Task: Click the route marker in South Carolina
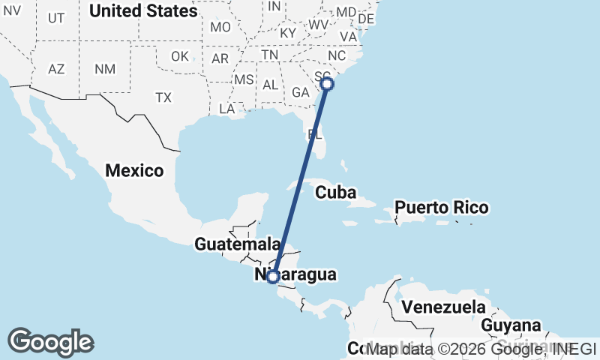click(x=327, y=84)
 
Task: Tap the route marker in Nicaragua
click(x=274, y=277)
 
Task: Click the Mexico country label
click(x=134, y=171)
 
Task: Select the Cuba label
click(x=334, y=193)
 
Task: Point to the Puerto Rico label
click(x=442, y=207)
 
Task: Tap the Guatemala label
click(x=237, y=244)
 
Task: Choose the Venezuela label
click(x=442, y=307)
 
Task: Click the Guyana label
click(x=511, y=325)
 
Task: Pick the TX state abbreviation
click(x=163, y=97)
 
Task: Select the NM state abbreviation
click(x=104, y=69)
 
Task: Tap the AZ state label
click(x=56, y=69)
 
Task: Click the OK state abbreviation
click(x=180, y=57)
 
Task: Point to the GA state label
click(x=301, y=92)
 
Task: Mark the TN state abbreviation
click(x=270, y=55)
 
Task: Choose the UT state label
click(x=56, y=18)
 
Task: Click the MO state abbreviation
click(x=220, y=27)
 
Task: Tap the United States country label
click(x=143, y=11)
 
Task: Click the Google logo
click(x=50, y=342)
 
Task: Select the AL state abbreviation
click(x=271, y=85)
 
